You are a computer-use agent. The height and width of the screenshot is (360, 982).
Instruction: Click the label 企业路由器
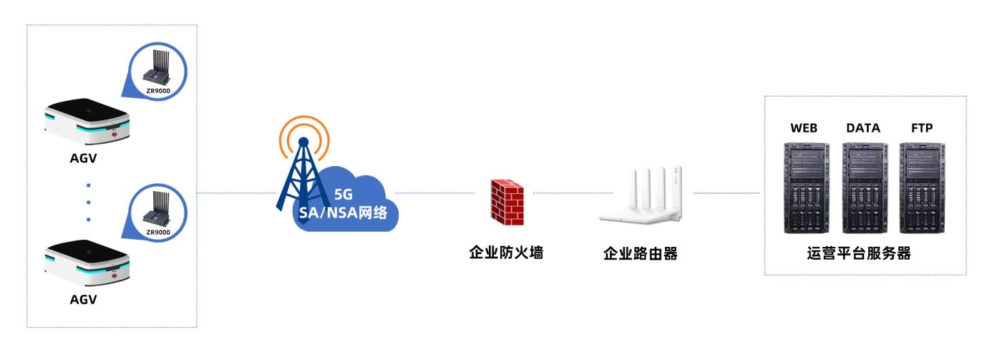tap(640, 253)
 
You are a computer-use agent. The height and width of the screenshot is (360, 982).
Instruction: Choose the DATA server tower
tap(863, 189)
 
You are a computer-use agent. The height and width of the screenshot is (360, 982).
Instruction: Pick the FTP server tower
tap(922, 189)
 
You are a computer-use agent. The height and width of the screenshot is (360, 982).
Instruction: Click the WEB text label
tap(804, 127)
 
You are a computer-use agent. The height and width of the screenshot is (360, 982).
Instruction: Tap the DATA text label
tap(863, 127)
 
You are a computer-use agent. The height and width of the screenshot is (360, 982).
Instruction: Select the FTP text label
tap(922, 127)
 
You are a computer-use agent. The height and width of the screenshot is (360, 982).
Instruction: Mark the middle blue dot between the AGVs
tap(88, 202)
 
